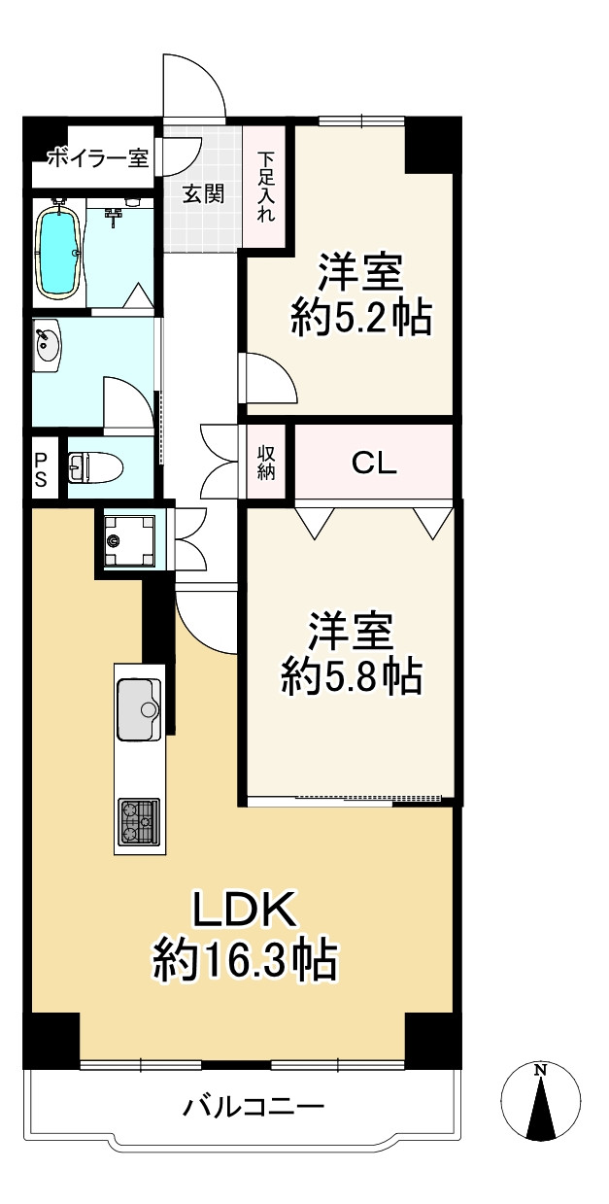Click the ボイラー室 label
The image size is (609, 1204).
click(97, 156)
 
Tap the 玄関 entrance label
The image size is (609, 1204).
click(204, 193)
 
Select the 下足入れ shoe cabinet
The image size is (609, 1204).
click(265, 187)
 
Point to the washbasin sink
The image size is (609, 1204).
click(46, 345)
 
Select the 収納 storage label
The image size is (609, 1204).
click(265, 463)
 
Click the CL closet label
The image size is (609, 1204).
click(374, 464)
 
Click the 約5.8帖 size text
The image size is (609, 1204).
click(351, 675)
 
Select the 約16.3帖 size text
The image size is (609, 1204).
click(244, 962)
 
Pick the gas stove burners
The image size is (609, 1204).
click(139, 821)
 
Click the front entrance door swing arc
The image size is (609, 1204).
click(199, 82)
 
